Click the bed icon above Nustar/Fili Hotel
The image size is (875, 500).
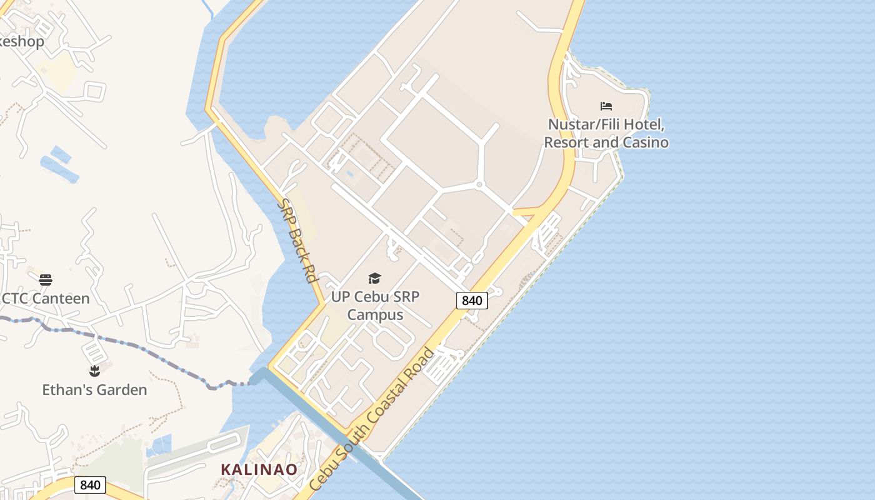[x=606, y=106]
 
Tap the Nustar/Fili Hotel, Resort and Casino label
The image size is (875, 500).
[x=606, y=133]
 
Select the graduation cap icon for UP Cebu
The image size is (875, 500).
[x=374, y=278]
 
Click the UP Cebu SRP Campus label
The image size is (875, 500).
[x=375, y=306]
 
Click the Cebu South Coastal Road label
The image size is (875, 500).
[x=372, y=419]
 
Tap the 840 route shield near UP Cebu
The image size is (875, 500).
[x=472, y=301]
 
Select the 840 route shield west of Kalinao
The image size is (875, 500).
[x=90, y=485]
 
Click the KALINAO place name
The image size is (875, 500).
[x=259, y=469]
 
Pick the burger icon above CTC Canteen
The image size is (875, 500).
[x=45, y=279]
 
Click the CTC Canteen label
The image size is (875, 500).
[x=46, y=298]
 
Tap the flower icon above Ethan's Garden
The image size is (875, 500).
[x=94, y=371]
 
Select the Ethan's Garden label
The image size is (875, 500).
[x=94, y=390]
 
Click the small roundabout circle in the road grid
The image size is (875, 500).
[x=479, y=184]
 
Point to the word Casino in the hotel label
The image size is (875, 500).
[x=645, y=142]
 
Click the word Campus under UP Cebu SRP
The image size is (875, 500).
[x=375, y=314]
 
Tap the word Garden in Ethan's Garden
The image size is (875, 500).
[x=122, y=390]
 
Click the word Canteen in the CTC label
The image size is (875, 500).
[x=60, y=298]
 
